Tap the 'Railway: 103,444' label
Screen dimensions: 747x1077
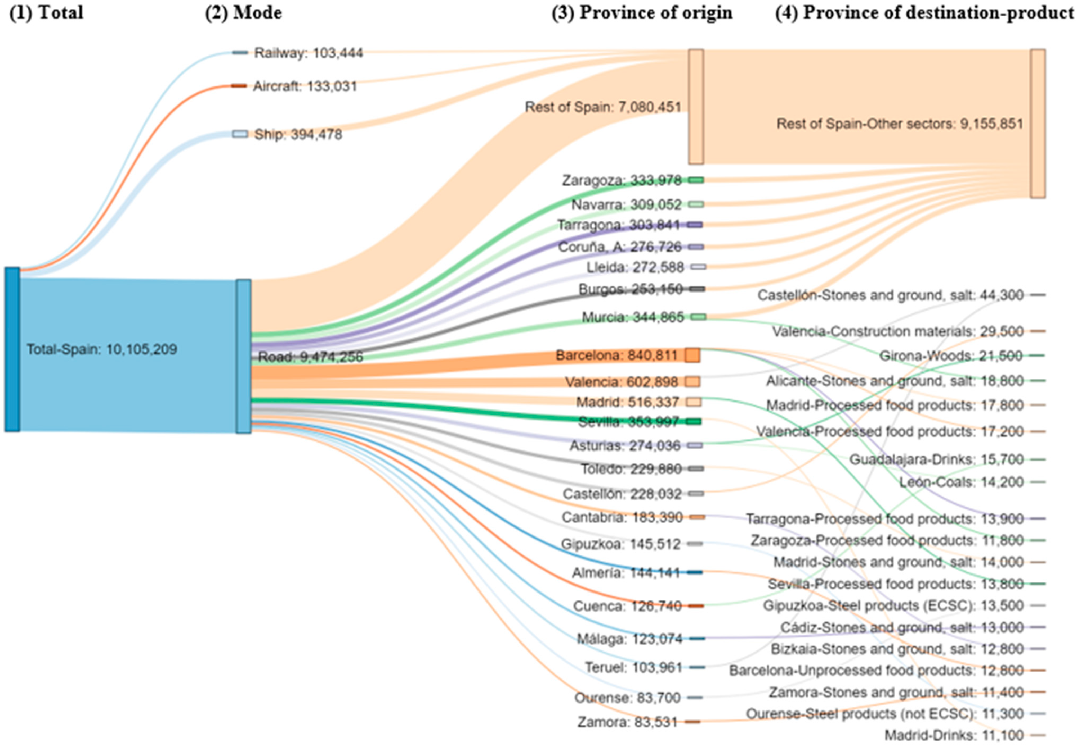(308, 53)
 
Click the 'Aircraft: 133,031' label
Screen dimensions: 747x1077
(305, 86)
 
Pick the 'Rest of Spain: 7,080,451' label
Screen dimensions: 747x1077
(603, 107)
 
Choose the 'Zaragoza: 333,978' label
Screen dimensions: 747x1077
(622, 180)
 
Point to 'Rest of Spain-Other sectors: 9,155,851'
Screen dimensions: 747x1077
(900, 124)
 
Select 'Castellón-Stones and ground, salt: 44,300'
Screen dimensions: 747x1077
(890, 295)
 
